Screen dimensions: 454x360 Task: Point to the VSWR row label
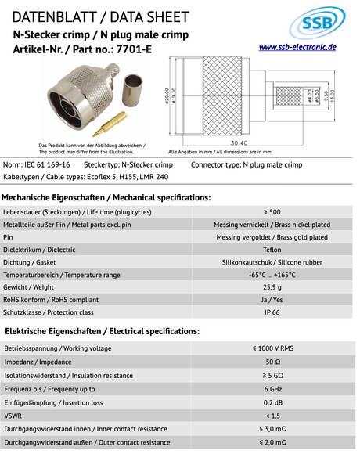click(x=13, y=416)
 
